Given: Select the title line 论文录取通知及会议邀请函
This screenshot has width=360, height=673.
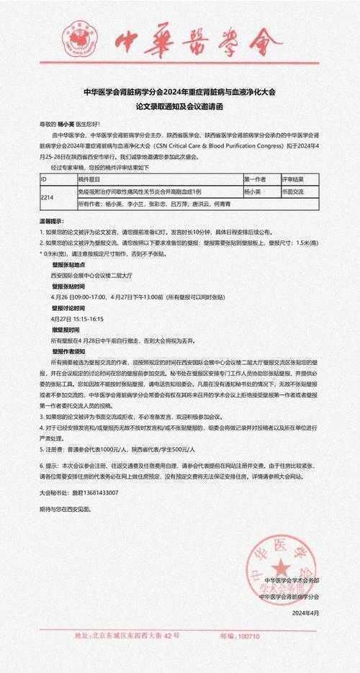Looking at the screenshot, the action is coord(179,106).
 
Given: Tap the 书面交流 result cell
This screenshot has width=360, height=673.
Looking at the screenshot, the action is coord(292,192).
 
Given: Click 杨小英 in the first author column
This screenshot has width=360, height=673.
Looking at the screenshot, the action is coord(253,192).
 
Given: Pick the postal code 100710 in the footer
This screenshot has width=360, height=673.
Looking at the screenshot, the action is coord(248,636).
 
